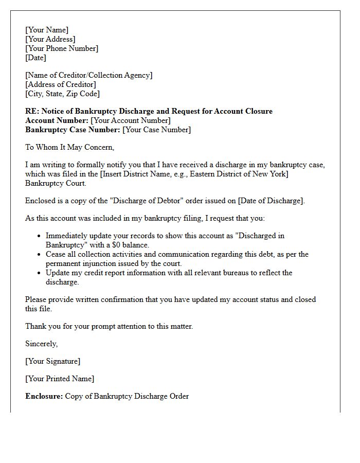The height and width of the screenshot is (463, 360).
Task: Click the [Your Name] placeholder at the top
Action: [x=47, y=30]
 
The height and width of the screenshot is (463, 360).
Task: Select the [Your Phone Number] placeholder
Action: [x=62, y=48]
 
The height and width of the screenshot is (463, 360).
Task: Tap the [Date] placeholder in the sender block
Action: [x=35, y=58]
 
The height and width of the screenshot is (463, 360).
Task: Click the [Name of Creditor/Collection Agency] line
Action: [x=89, y=75]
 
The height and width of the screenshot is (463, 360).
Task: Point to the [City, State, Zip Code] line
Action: [x=63, y=94]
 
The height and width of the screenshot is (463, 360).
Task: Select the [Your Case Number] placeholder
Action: [x=156, y=130]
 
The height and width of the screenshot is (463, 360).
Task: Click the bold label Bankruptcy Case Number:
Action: [x=73, y=130]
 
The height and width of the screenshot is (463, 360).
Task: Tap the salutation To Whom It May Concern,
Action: [x=69, y=147]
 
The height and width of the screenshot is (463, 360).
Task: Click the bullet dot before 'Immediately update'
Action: [x=39, y=236]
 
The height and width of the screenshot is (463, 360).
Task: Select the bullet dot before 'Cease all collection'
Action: [x=39, y=255]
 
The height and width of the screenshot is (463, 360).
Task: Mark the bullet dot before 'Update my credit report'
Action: [x=39, y=273]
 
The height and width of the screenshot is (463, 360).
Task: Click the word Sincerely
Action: [x=41, y=344]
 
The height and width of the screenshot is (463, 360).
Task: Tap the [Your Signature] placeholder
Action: [x=53, y=361]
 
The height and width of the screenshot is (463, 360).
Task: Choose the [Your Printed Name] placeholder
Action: [x=60, y=379]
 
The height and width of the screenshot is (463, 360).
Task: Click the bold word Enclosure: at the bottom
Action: [x=44, y=396]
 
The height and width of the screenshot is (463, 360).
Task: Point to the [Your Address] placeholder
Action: [x=50, y=39]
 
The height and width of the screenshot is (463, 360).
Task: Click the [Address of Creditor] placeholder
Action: [x=61, y=84]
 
